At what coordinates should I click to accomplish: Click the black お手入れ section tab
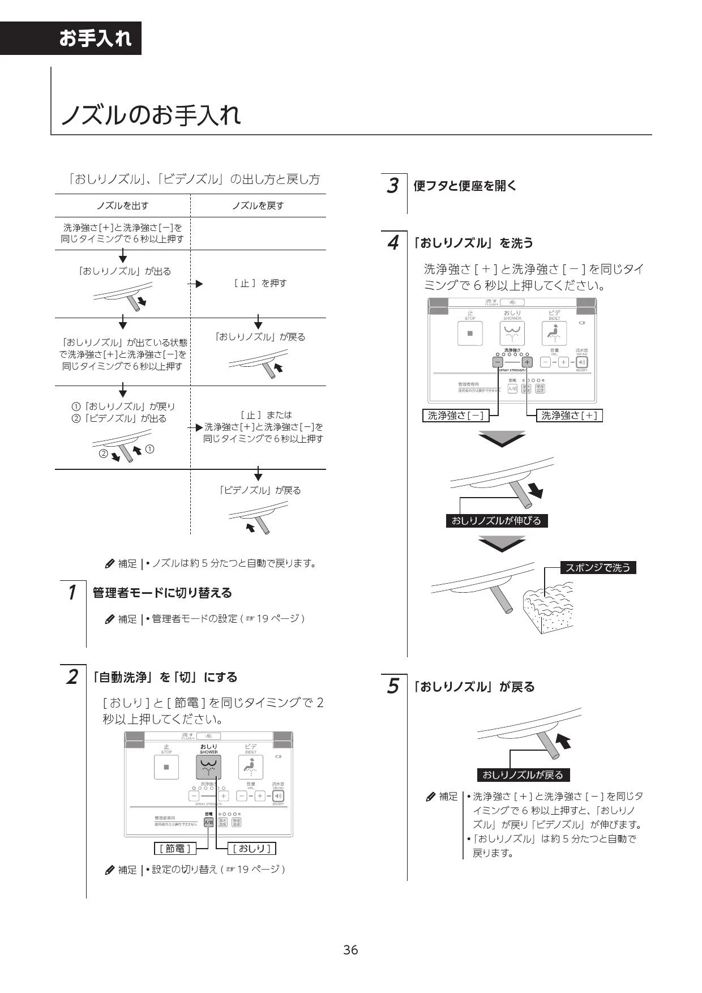[x=95, y=38]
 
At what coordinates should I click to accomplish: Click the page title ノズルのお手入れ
[x=151, y=115]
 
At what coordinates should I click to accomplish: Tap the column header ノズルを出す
[x=123, y=206]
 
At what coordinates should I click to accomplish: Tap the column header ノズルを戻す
[x=258, y=206]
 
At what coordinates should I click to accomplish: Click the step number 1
[x=72, y=593]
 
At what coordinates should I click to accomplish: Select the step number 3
[x=392, y=186]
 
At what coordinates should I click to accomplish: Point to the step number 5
[x=392, y=687]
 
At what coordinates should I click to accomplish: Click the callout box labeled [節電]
[x=175, y=848]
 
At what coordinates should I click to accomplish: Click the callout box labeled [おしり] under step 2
[x=251, y=848]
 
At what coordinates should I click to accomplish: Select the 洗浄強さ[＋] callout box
[x=569, y=416]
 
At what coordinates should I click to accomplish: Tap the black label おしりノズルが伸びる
[x=496, y=520]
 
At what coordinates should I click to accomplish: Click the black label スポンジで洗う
[x=598, y=567]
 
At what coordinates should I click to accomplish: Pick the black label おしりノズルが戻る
[x=523, y=774]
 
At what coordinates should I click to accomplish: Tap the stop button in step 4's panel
[x=470, y=333]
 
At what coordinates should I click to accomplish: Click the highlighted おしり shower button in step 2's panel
[x=208, y=768]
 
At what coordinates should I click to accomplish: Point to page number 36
[x=350, y=949]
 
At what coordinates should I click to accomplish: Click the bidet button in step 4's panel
[x=554, y=333]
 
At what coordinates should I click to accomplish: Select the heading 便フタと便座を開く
[x=465, y=186]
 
